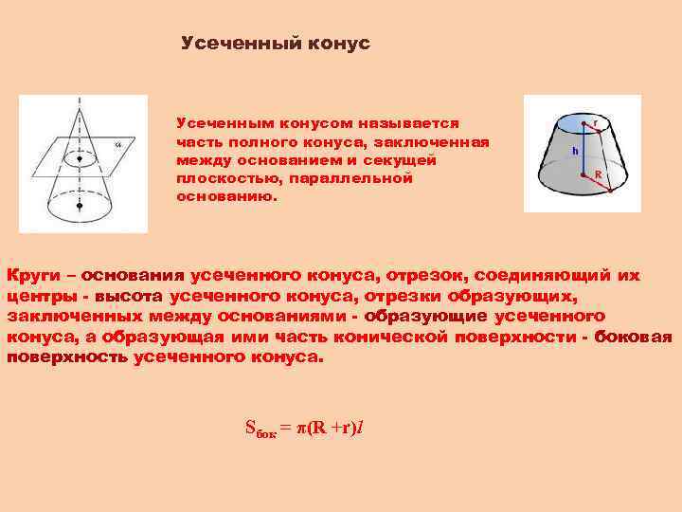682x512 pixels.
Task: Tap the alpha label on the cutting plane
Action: click(118, 145)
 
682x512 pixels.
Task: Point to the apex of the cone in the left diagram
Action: click(80, 102)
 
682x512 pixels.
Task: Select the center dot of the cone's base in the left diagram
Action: click(80, 204)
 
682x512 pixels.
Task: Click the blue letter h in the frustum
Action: click(574, 151)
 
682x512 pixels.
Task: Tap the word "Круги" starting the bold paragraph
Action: click(37, 276)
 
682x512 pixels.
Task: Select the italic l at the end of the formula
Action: click(361, 428)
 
